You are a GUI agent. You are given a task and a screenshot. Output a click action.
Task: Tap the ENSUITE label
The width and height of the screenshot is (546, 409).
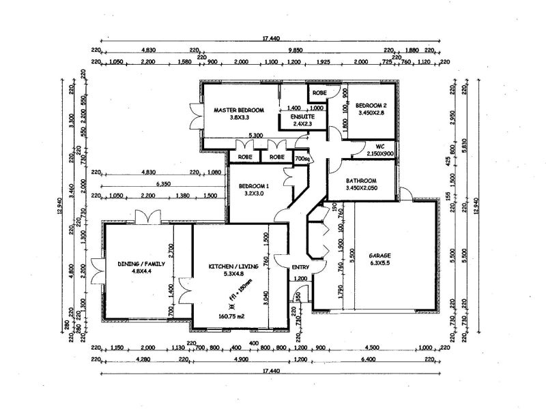(x=303, y=117)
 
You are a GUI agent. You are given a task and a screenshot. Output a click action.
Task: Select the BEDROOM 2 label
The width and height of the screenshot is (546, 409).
(x=371, y=105)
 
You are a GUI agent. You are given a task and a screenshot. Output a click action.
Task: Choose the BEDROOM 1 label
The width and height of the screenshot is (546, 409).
(x=254, y=186)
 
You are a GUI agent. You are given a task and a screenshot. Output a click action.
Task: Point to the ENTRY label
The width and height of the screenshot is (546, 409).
(x=300, y=267)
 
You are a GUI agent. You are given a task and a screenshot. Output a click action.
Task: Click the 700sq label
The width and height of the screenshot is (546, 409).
(x=302, y=160)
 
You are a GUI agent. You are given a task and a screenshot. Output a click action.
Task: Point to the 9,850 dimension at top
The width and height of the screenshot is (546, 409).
(x=296, y=50)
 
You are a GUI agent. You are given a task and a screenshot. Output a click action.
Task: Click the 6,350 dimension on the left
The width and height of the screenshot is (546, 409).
(x=163, y=184)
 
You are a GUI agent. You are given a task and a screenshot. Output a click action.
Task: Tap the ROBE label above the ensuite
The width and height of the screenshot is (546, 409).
(x=319, y=92)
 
